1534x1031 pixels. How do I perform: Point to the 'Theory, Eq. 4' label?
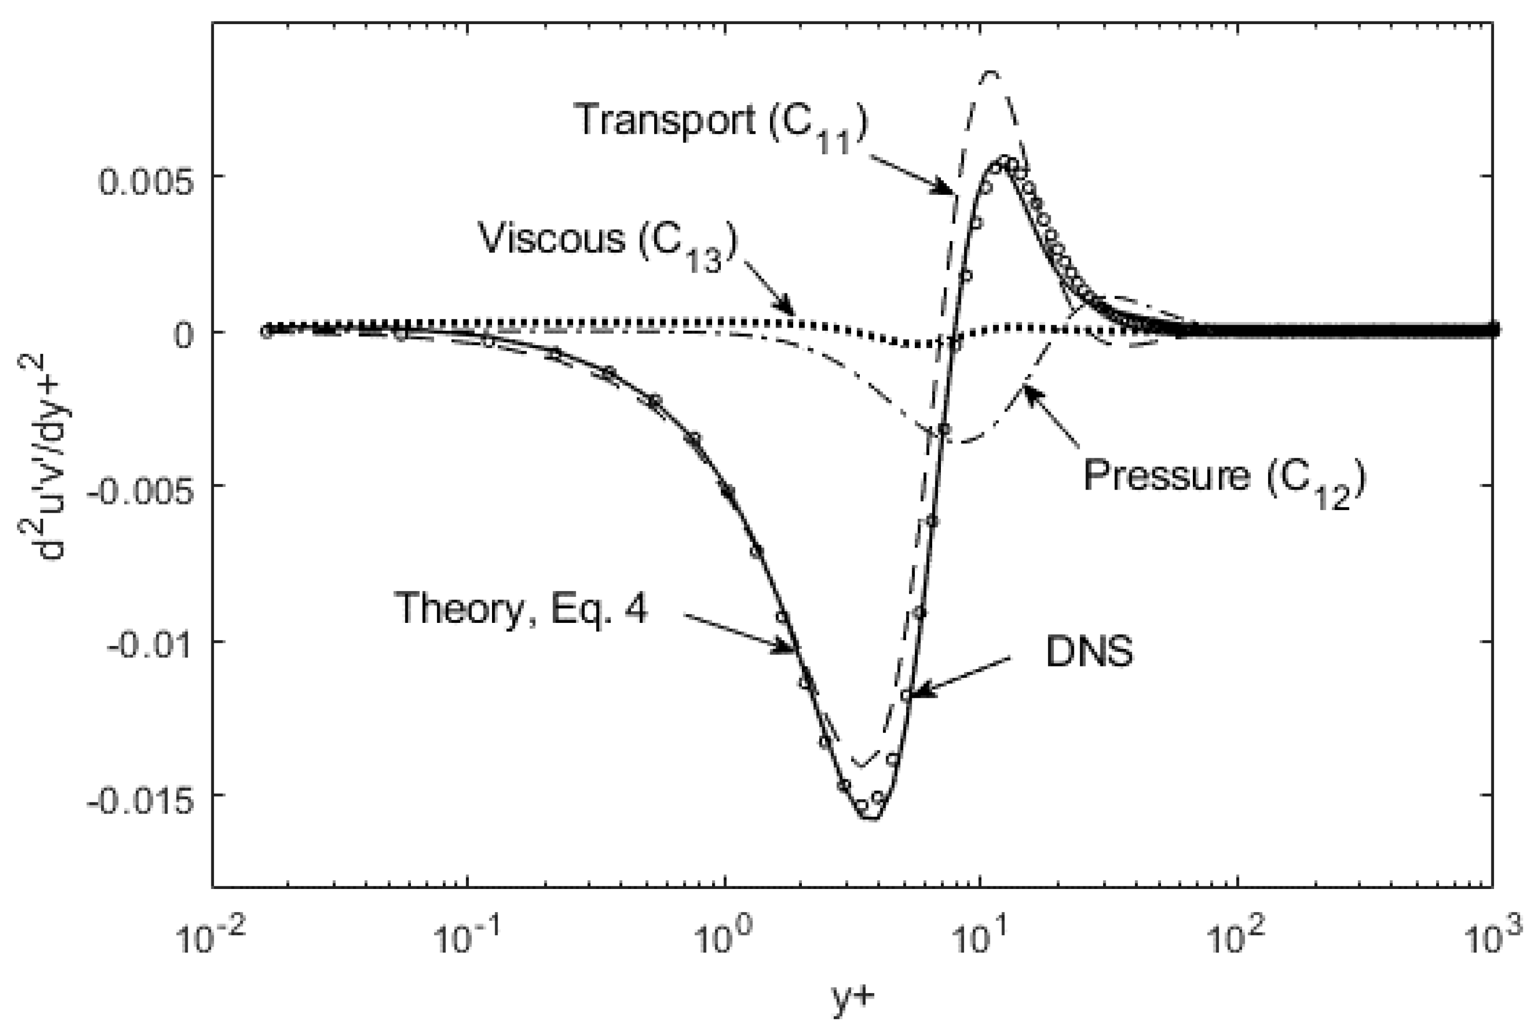coord(521,608)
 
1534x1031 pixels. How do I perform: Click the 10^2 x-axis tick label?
coord(1235,939)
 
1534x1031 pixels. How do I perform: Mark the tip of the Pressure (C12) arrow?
coord(1024,389)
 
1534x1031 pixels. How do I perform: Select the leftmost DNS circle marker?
coord(266,331)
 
